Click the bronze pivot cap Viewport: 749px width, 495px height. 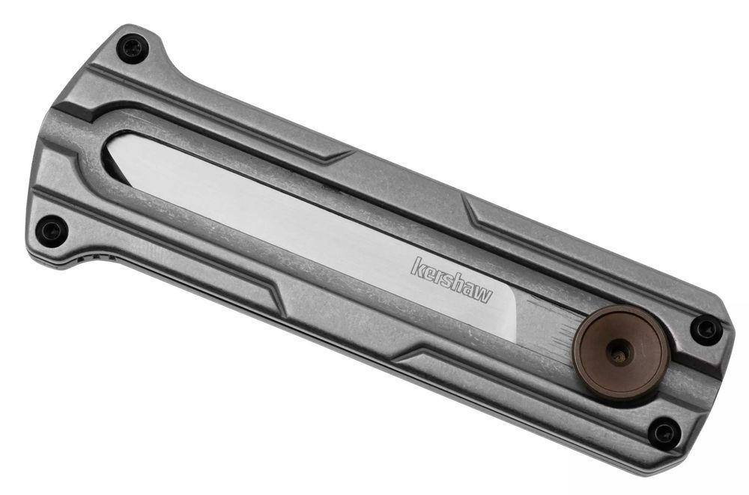620,353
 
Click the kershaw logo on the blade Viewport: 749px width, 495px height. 451,280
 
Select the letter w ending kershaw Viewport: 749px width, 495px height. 483,294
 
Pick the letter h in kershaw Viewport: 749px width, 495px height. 458,281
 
